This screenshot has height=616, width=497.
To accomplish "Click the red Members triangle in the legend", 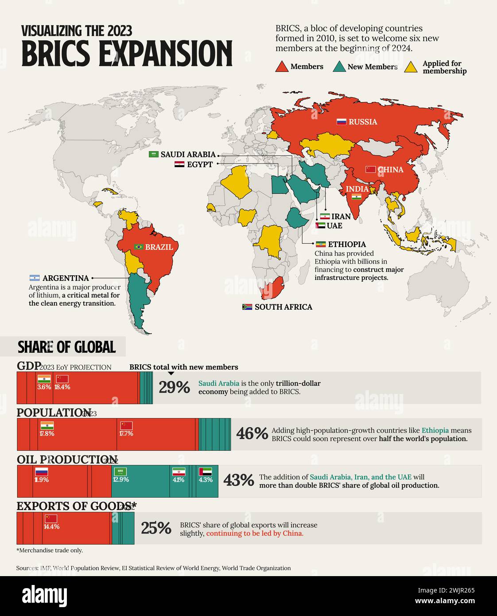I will (282, 67).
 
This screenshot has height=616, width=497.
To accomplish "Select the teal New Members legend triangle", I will (339, 67).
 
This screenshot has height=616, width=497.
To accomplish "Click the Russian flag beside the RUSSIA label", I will (341, 122).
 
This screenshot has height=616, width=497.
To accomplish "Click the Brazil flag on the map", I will (139, 247).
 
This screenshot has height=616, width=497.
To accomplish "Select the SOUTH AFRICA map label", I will (283, 307).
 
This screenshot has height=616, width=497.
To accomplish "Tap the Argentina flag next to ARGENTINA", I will (35, 278).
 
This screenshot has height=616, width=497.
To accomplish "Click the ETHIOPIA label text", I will (347, 244).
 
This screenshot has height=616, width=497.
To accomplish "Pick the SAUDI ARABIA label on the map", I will (188, 155).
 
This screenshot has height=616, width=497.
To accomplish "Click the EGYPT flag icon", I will (179, 164).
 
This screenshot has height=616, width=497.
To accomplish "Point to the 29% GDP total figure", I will (174, 388).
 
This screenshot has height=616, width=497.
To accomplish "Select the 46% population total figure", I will (252, 434).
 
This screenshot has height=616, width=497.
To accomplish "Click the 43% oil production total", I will (238, 480).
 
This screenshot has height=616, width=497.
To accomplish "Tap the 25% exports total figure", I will (156, 528).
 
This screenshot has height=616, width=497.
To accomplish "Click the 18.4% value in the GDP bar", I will (62, 387).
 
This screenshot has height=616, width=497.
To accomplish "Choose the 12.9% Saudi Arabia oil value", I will (121, 480).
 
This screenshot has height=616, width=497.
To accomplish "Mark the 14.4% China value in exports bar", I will (51, 526).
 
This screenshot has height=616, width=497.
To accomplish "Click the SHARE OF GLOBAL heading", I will (66, 347).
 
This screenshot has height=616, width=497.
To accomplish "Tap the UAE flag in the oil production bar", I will (206, 472).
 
